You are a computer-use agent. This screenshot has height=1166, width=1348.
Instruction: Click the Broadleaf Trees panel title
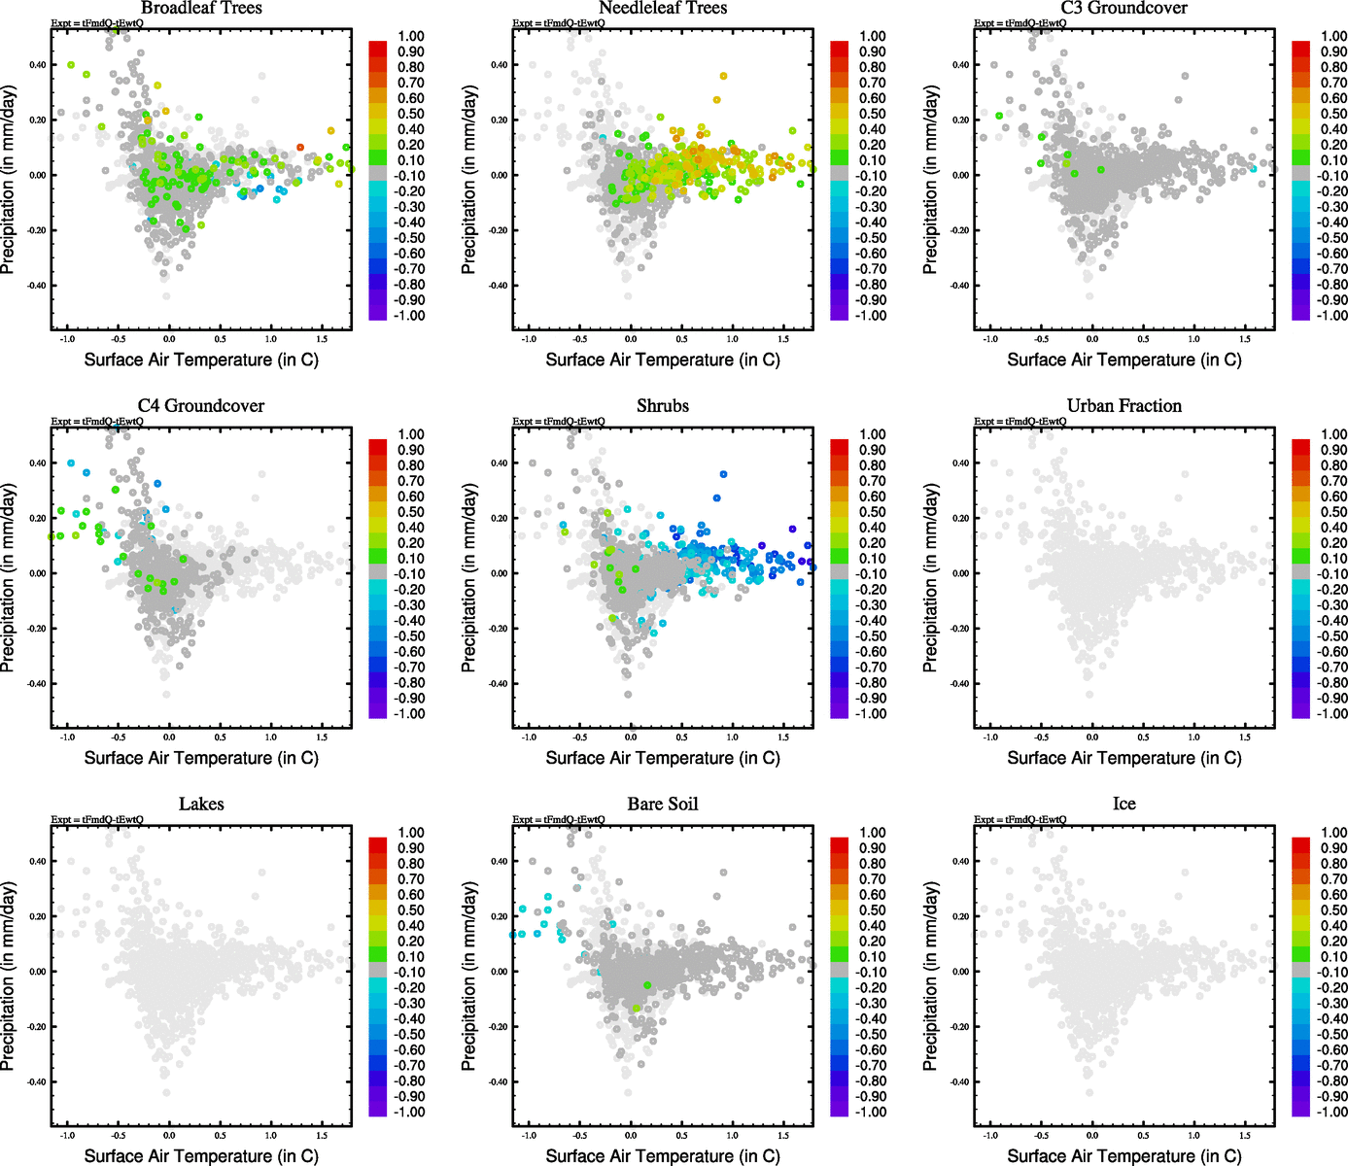pyautogui.click(x=201, y=9)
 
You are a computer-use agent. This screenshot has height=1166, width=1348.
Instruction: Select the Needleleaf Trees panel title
pyautogui.click(x=663, y=9)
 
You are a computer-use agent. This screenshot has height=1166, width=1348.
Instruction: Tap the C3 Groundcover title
pyautogui.click(x=1123, y=9)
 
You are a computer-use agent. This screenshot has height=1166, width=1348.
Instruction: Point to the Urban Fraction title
pyautogui.click(x=1123, y=406)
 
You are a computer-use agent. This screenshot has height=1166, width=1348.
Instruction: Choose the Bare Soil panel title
pyautogui.click(x=663, y=805)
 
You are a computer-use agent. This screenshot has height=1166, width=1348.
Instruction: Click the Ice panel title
pyautogui.click(x=1123, y=805)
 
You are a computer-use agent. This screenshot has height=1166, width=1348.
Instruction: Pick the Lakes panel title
pyautogui.click(x=201, y=805)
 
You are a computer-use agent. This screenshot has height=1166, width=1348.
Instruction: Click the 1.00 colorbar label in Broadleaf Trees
pyautogui.click(x=410, y=37)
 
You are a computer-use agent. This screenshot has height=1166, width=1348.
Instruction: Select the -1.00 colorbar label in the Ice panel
pyautogui.click(x=1331, y=1112)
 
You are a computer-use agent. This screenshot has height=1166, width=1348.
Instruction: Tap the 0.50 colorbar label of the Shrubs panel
pyautogui.click(x=872, y=512)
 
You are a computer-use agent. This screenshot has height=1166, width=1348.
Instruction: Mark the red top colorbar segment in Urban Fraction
pyautogui.click(x=1301, y=446)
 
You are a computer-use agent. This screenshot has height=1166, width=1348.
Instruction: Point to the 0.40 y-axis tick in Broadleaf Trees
pyautogui.click(x=36, y=65)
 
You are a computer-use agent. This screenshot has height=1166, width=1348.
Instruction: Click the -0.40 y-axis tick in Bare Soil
pyautogui.click(x=498, y=1081)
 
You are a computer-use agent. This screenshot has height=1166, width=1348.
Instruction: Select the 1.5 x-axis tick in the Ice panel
pyautogui.click(x=1245, y=1135)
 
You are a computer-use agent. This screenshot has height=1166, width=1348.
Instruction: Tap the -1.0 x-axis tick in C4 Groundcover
pyautogui.click(x=67, y=737)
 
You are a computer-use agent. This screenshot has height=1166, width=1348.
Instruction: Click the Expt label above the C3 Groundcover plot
pyautogui.click(x=1020, y=23)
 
